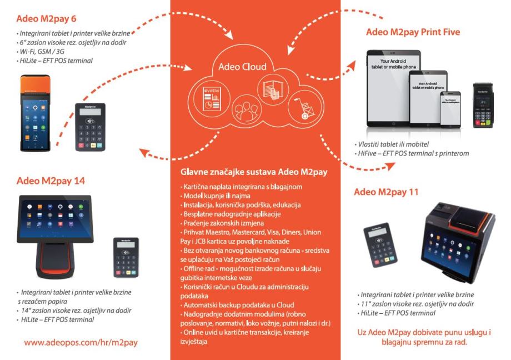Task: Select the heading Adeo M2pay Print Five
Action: tap(413, 32)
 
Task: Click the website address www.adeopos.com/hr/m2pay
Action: tap(81, 343)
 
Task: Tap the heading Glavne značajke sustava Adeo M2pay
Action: tap(254, 172)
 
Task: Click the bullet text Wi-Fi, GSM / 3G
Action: tap(43, 52)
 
